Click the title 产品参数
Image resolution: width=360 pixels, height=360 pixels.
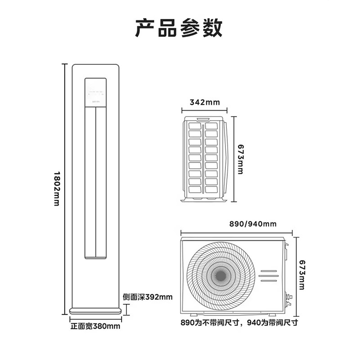click(x=179, y=28)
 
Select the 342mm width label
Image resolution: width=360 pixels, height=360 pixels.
click(x=205, y=102)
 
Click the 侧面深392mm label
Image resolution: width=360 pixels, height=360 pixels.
click(x=148, y=297)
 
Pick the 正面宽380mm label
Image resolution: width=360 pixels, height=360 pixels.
click(x=95, y=326)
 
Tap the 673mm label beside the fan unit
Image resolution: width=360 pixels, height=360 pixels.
click(x=302, y=274)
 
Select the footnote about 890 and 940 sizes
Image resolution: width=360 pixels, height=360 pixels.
click(x=239, y=323)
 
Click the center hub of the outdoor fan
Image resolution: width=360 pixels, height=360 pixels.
click(x=220, y=275)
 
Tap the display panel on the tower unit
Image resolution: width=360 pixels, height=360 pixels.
click(x=96, y=92)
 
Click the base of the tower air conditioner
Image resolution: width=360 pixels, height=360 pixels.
click(x=96, y=311)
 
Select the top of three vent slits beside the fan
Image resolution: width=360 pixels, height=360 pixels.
click(x=268, y=271)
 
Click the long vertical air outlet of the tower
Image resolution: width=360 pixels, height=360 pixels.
click(x=96, y=182)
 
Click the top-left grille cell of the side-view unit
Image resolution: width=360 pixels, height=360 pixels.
click(x=195, y=126)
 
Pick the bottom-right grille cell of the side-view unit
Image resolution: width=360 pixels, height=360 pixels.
click(x=211, y=189)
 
